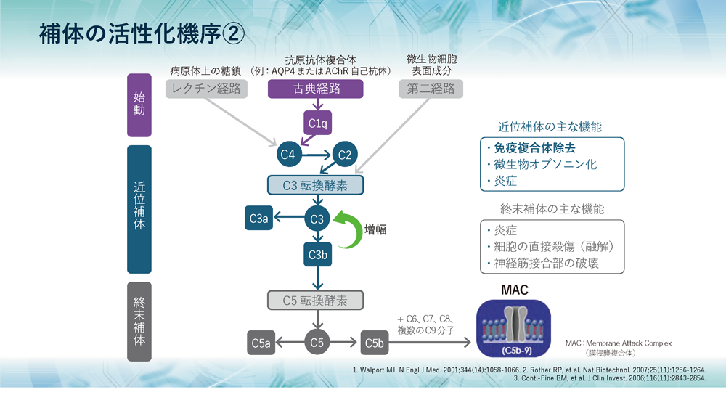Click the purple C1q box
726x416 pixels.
[317, 123]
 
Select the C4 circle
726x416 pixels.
[287, 155]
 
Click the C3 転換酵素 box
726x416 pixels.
[315, 186]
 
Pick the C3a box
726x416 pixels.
[259, 218]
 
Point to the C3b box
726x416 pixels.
[317, 254]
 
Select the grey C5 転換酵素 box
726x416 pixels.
[315, 300]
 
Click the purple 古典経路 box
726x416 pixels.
[317, 89]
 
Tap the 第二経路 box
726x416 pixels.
[431, 89]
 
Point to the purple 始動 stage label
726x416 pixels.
[139, 105]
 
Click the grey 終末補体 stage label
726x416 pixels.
[139, 322]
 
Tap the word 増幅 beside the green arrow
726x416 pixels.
[375, 229]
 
